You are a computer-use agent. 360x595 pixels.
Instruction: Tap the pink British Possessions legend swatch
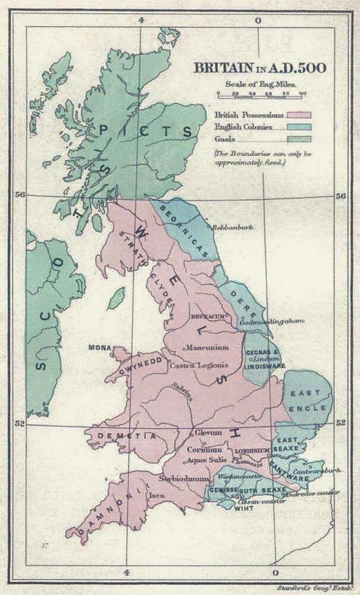(297, 115)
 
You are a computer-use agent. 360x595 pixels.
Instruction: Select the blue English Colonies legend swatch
(297, 126)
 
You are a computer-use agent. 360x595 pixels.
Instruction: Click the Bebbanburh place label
(234, 227)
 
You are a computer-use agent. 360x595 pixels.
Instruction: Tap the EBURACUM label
(206, 315)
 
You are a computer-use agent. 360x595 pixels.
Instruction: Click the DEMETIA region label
(123, 436)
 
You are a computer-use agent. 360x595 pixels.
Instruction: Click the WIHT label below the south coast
(243, 507)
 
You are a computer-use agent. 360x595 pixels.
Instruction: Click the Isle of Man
(116, 298)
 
